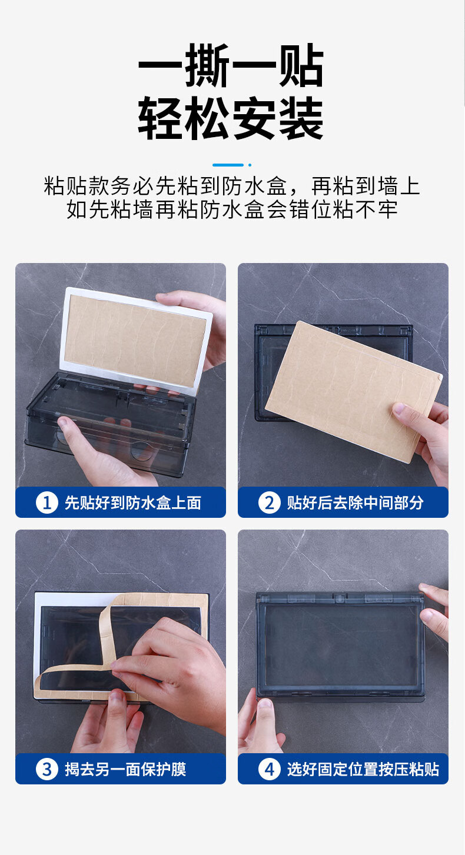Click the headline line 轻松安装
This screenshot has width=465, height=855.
coord(231,118)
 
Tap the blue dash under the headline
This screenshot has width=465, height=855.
coord(228,165)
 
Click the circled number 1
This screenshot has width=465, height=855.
coord(47,503)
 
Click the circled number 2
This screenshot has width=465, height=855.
coord(270,503)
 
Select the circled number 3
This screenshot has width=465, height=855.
coord(47,769)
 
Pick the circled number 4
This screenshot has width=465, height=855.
coord(270,769)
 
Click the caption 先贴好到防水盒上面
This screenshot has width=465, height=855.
coord(133,503)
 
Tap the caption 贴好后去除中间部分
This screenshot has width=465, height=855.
coord(356,503)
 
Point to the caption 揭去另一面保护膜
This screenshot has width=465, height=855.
coord(125,769)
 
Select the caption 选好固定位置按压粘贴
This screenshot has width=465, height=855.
coord(363,769)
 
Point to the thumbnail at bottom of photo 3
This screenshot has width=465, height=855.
coord(116,699)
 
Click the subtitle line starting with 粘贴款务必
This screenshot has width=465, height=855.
coord(232,187)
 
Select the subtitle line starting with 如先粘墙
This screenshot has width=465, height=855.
coord(232,209)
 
